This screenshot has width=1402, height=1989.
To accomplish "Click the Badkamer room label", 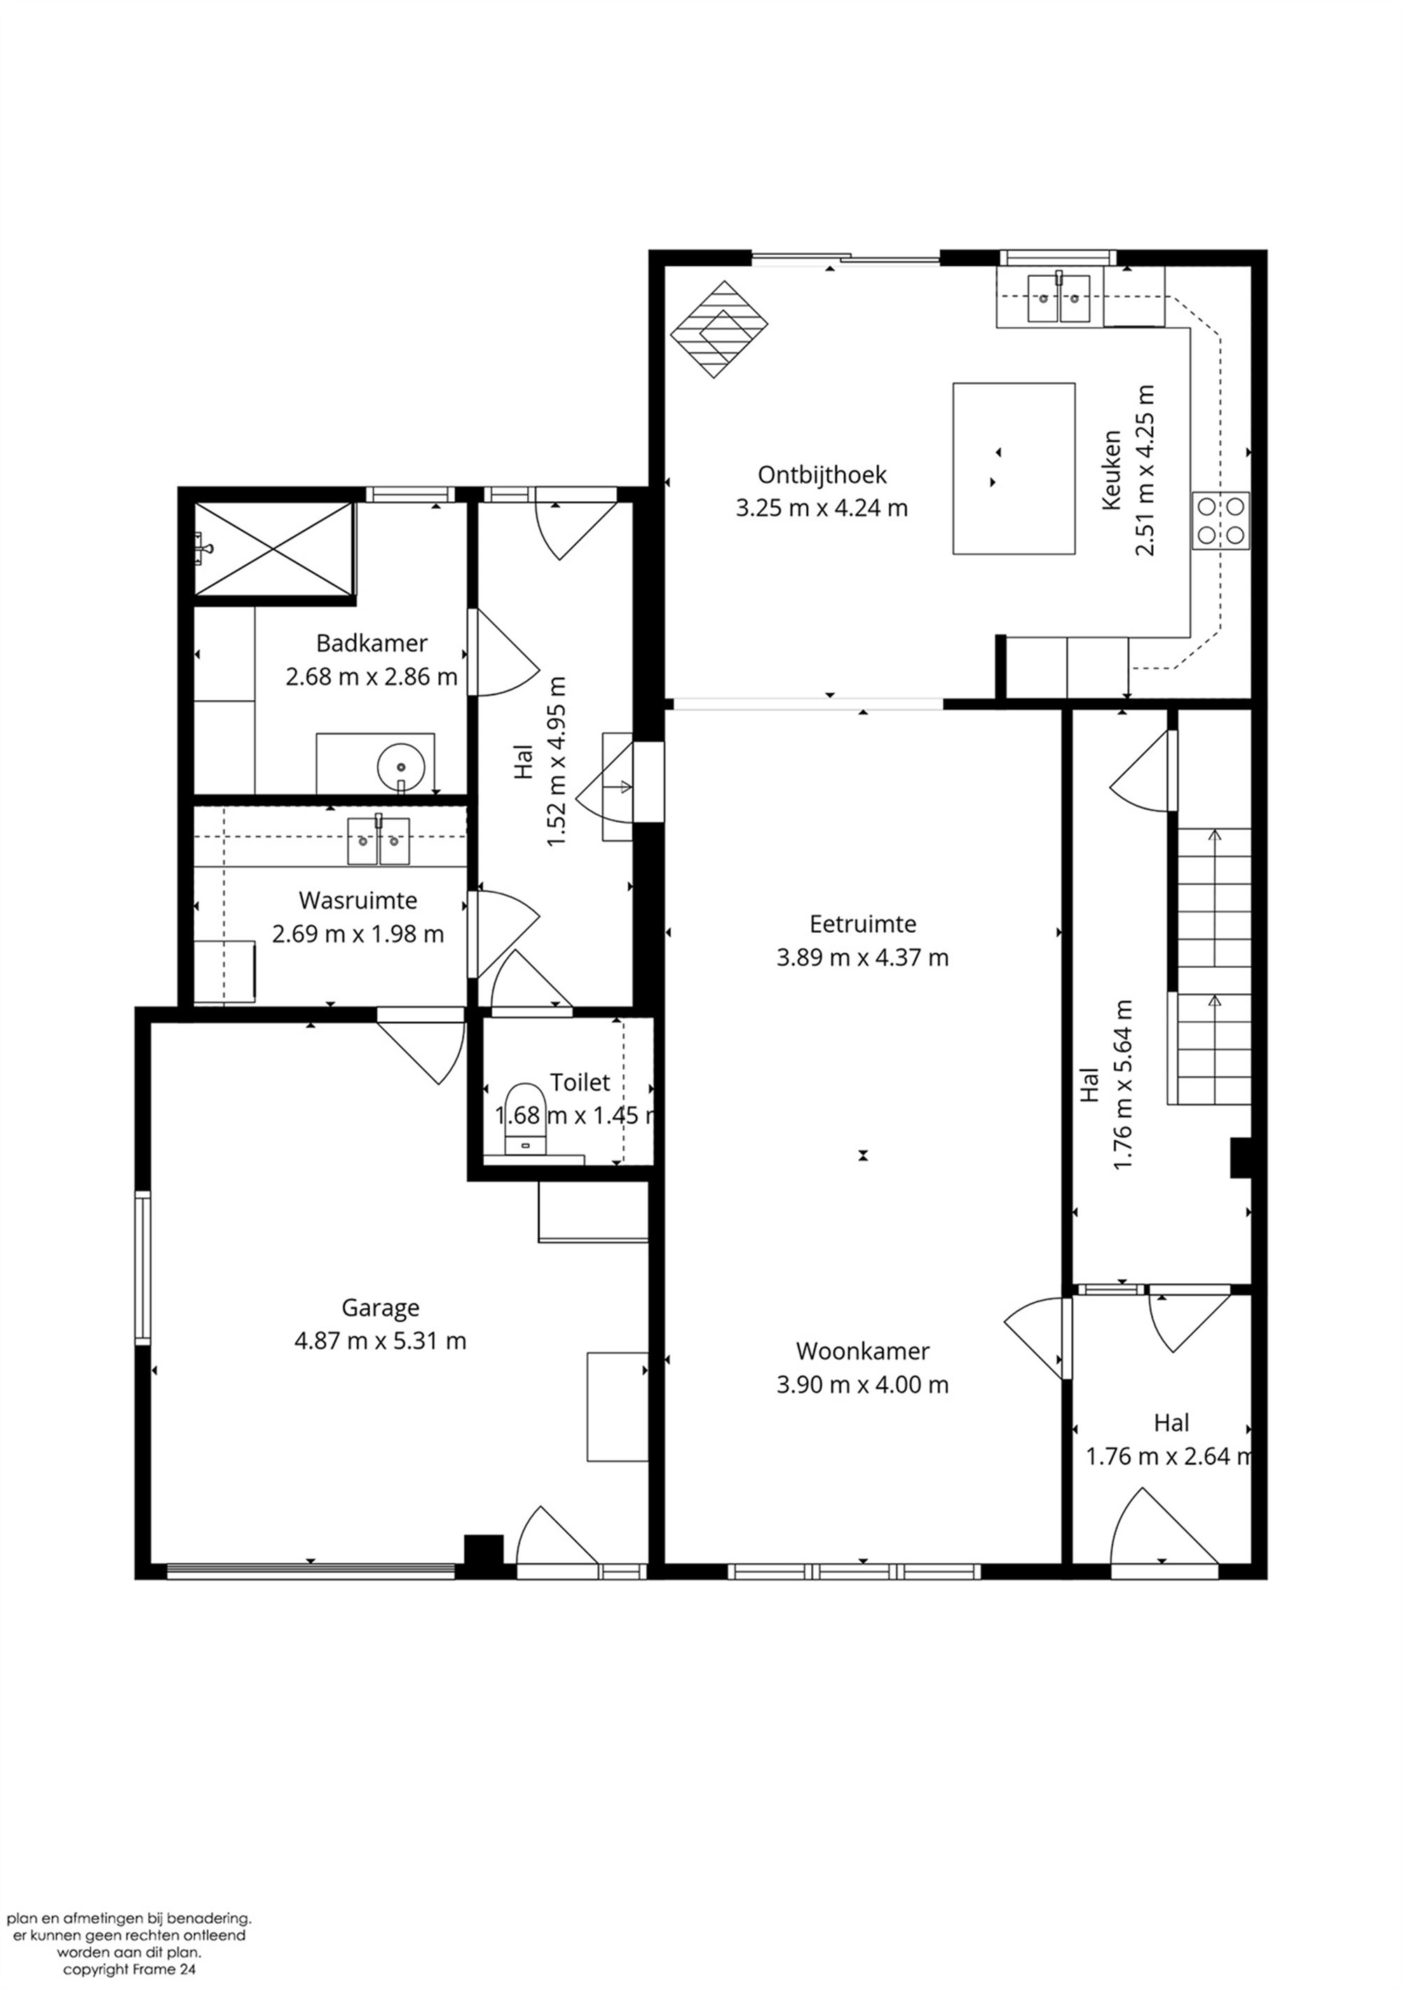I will pos(371,643).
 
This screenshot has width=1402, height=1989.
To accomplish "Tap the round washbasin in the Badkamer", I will pos(400,766).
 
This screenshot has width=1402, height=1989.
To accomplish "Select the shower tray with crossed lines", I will pos(274,549).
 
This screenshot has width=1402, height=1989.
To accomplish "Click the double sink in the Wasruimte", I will pos(379,840).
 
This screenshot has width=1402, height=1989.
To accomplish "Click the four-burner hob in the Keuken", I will pos(1221,521).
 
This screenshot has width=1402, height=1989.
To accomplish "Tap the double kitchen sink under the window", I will pos(1058,298).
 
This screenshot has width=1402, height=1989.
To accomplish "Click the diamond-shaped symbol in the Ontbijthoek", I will pos(719,329).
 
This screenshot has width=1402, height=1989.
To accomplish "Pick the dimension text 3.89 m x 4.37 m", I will pos(862,957).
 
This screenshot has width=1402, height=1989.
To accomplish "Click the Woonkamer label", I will pos(862,1351).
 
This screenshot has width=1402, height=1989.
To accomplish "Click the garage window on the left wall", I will pos(142,1267).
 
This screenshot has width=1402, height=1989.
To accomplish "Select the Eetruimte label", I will pos(862,924).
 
